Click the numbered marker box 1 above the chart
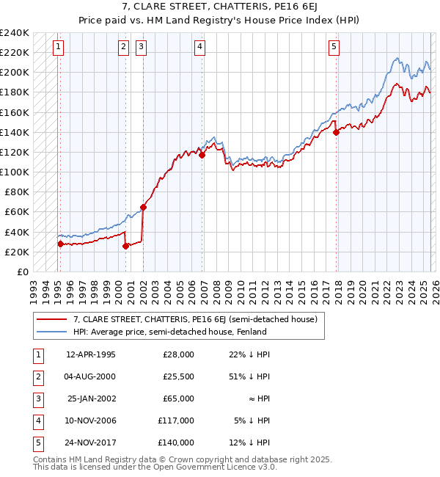58,47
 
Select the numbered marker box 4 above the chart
199,47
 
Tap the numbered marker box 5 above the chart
334,47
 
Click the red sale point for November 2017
336,133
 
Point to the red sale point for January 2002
143,207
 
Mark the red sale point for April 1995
60,244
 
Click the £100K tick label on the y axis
15,172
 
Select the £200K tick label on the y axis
15,72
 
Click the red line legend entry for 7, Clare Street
194,319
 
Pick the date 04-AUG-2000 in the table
90,376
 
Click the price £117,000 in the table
175,420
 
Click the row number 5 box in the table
36,443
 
